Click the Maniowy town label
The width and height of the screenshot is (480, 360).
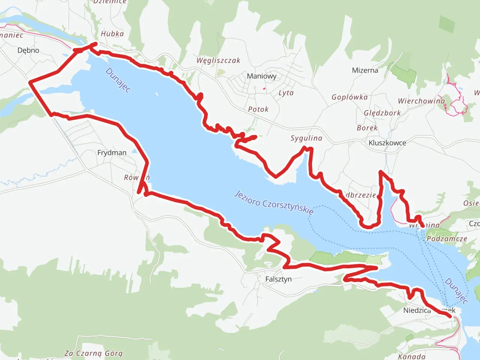[x=261, y=76]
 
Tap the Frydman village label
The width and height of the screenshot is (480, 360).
[x=112, y=153]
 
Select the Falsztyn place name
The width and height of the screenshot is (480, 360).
[x=278, y=279]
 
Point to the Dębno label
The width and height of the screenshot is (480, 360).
[x=28, y=50]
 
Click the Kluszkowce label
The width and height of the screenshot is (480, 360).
[x=387, y=143]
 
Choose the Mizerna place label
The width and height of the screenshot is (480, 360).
[x=365, y=70]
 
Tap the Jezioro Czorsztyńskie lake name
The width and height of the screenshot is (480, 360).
[x=274, y=202]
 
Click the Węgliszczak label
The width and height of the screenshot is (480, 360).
[x=218, y=60]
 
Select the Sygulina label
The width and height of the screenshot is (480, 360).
[x=306, y=138]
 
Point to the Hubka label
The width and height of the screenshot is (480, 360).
[x=112, y=34]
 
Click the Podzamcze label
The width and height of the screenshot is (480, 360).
[x=447, y=239]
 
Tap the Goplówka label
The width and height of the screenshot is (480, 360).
[x=349, y=97]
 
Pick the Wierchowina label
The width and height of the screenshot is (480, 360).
[x=421, y=101]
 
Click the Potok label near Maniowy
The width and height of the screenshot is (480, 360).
[x=258, y=109]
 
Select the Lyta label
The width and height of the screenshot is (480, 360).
[x=286, y=93]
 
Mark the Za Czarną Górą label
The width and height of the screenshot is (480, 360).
[x=93, y=353]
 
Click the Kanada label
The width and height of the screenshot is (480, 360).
[x=411, y=356]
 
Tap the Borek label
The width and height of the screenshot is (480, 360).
[x=367, y=128]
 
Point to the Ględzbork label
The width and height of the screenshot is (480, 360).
[x=382, y=113]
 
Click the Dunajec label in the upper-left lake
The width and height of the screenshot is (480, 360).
[x=118, y=80]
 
